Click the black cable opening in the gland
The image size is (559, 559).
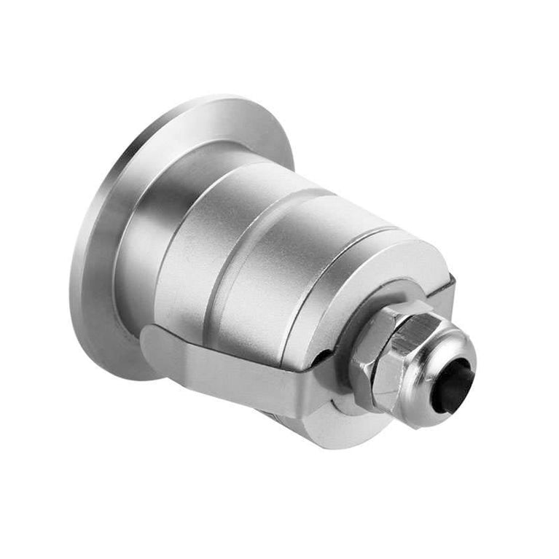pos(453,385)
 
